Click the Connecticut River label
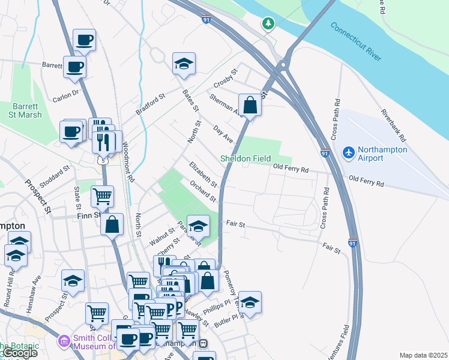355,43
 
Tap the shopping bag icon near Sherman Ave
250,105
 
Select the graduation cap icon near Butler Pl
250,302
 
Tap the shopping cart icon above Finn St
102,196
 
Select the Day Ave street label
223,134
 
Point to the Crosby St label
226,79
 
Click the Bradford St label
150,103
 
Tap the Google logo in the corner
20,353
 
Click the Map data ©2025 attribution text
423,355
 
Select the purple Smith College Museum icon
64,341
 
